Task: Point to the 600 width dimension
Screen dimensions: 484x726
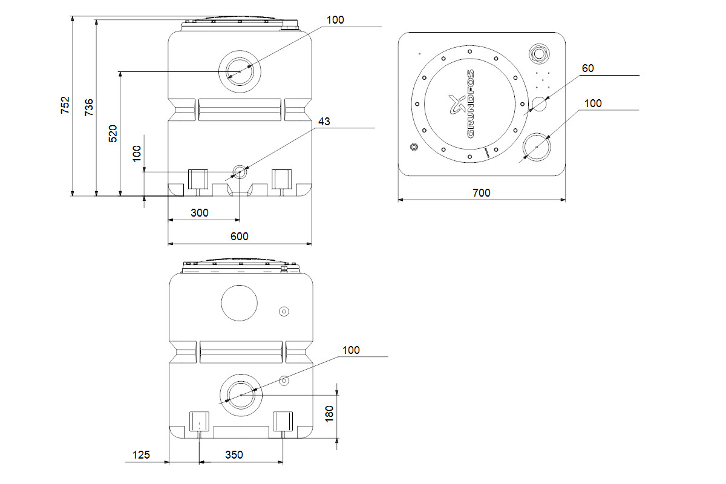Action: tap(240, 236)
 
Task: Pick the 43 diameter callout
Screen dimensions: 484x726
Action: tap(324, 122)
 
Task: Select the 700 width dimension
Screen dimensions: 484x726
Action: tap(481, 193)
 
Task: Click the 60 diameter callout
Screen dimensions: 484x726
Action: tap(587, 68)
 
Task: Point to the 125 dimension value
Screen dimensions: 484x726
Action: tap(142, 454)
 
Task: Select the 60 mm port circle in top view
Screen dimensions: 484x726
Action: tap(538, 104)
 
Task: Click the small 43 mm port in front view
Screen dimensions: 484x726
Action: tap(240, 172)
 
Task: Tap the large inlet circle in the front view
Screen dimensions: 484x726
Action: tap(239, 72)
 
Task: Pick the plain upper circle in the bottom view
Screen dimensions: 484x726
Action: tap(240, 303)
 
